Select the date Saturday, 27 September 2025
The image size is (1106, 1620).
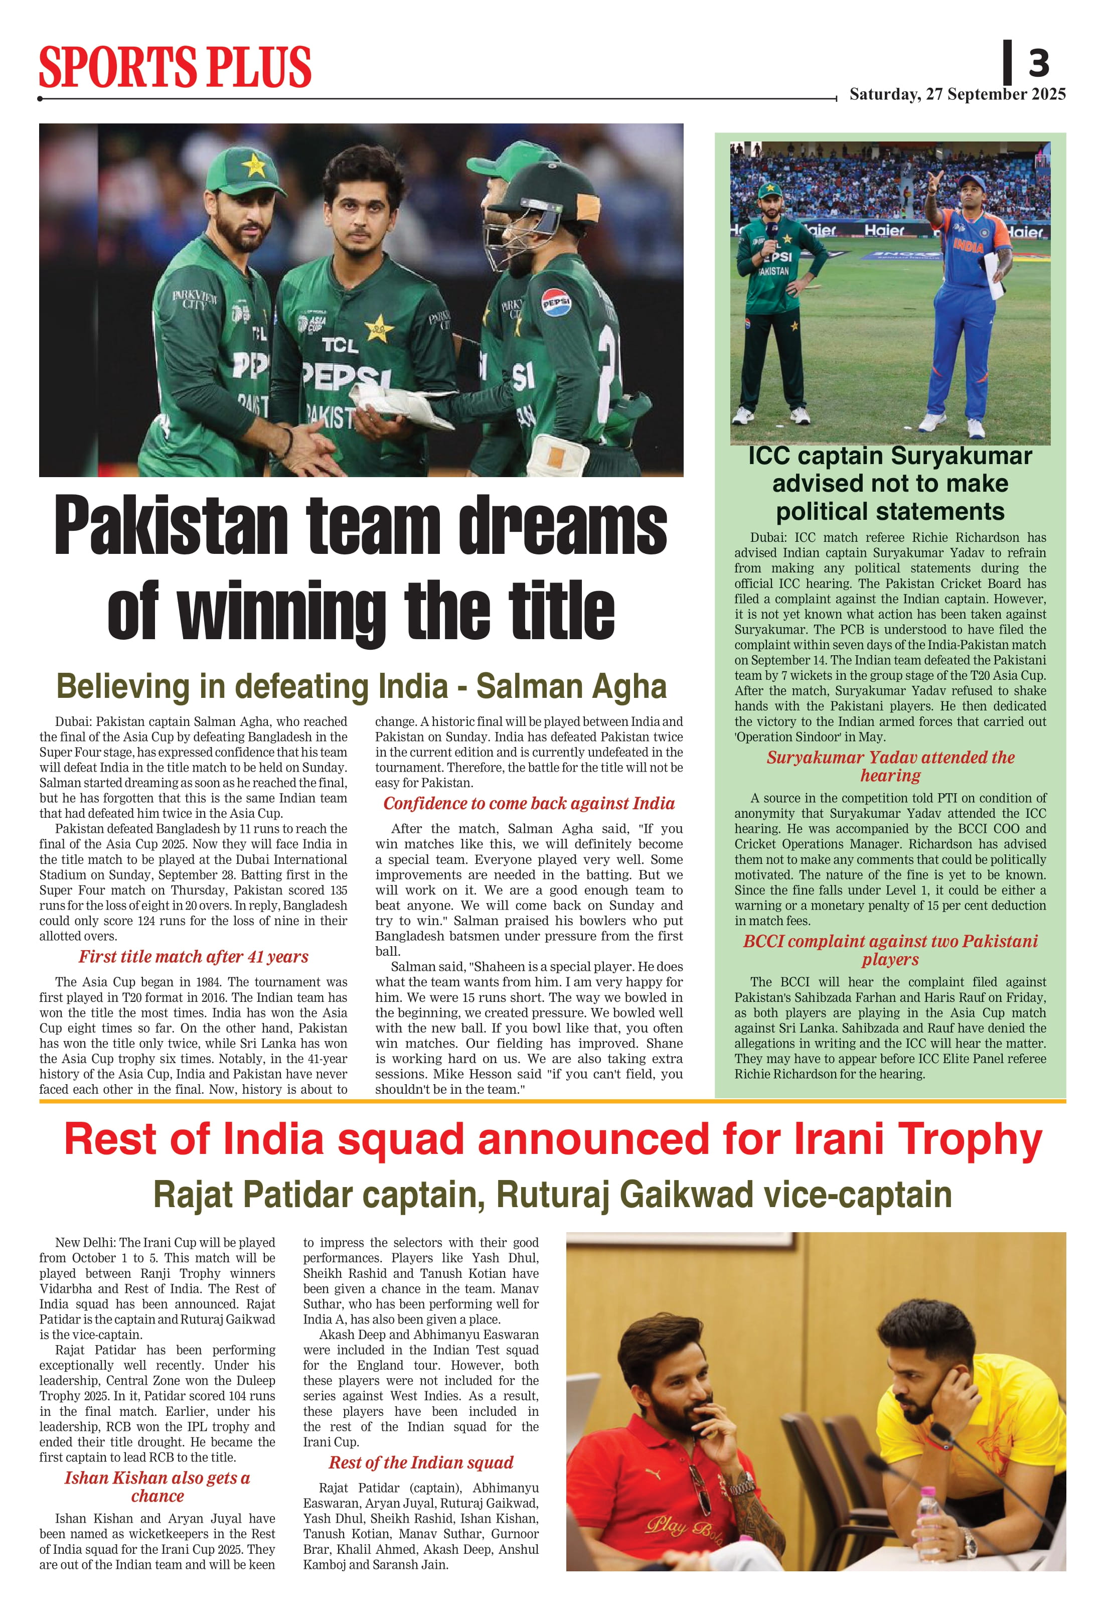957,95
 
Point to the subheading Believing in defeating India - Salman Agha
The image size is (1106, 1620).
361,687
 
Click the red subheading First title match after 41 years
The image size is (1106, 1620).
193,957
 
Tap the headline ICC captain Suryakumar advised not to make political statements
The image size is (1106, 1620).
890,484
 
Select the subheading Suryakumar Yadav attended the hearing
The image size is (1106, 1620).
890,766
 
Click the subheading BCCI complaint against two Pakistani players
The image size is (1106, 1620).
890,950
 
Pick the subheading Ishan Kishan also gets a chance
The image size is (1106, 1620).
157,1487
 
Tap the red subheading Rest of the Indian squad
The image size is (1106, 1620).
421,1462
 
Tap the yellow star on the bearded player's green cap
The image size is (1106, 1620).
254,166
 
